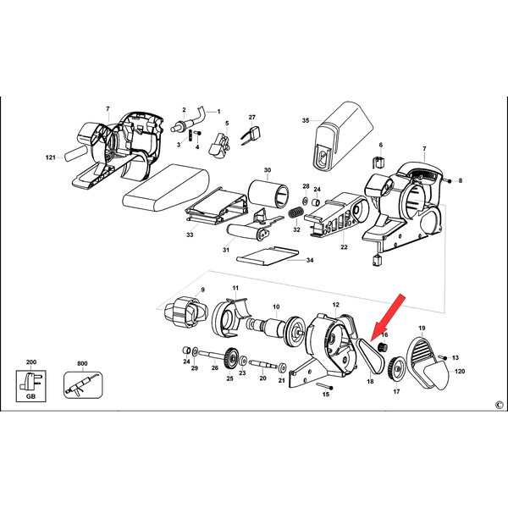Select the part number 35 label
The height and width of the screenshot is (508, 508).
306,120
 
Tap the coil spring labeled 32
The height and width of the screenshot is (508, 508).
296,214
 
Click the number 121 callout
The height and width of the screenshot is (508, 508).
51,157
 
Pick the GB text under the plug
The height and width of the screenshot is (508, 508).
30,396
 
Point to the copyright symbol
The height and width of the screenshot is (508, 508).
499,405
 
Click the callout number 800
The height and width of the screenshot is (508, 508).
82,363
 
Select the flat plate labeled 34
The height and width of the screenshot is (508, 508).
268,256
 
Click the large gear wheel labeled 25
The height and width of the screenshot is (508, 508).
230,357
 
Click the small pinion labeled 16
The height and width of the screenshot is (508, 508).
383,347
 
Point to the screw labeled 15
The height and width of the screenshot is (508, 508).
324,385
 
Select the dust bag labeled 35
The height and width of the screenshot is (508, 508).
344,135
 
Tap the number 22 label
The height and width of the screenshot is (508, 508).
344,247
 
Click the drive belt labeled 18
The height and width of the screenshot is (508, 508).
370,356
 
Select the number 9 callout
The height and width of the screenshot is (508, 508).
203,290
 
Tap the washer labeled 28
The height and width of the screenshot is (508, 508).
306,200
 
